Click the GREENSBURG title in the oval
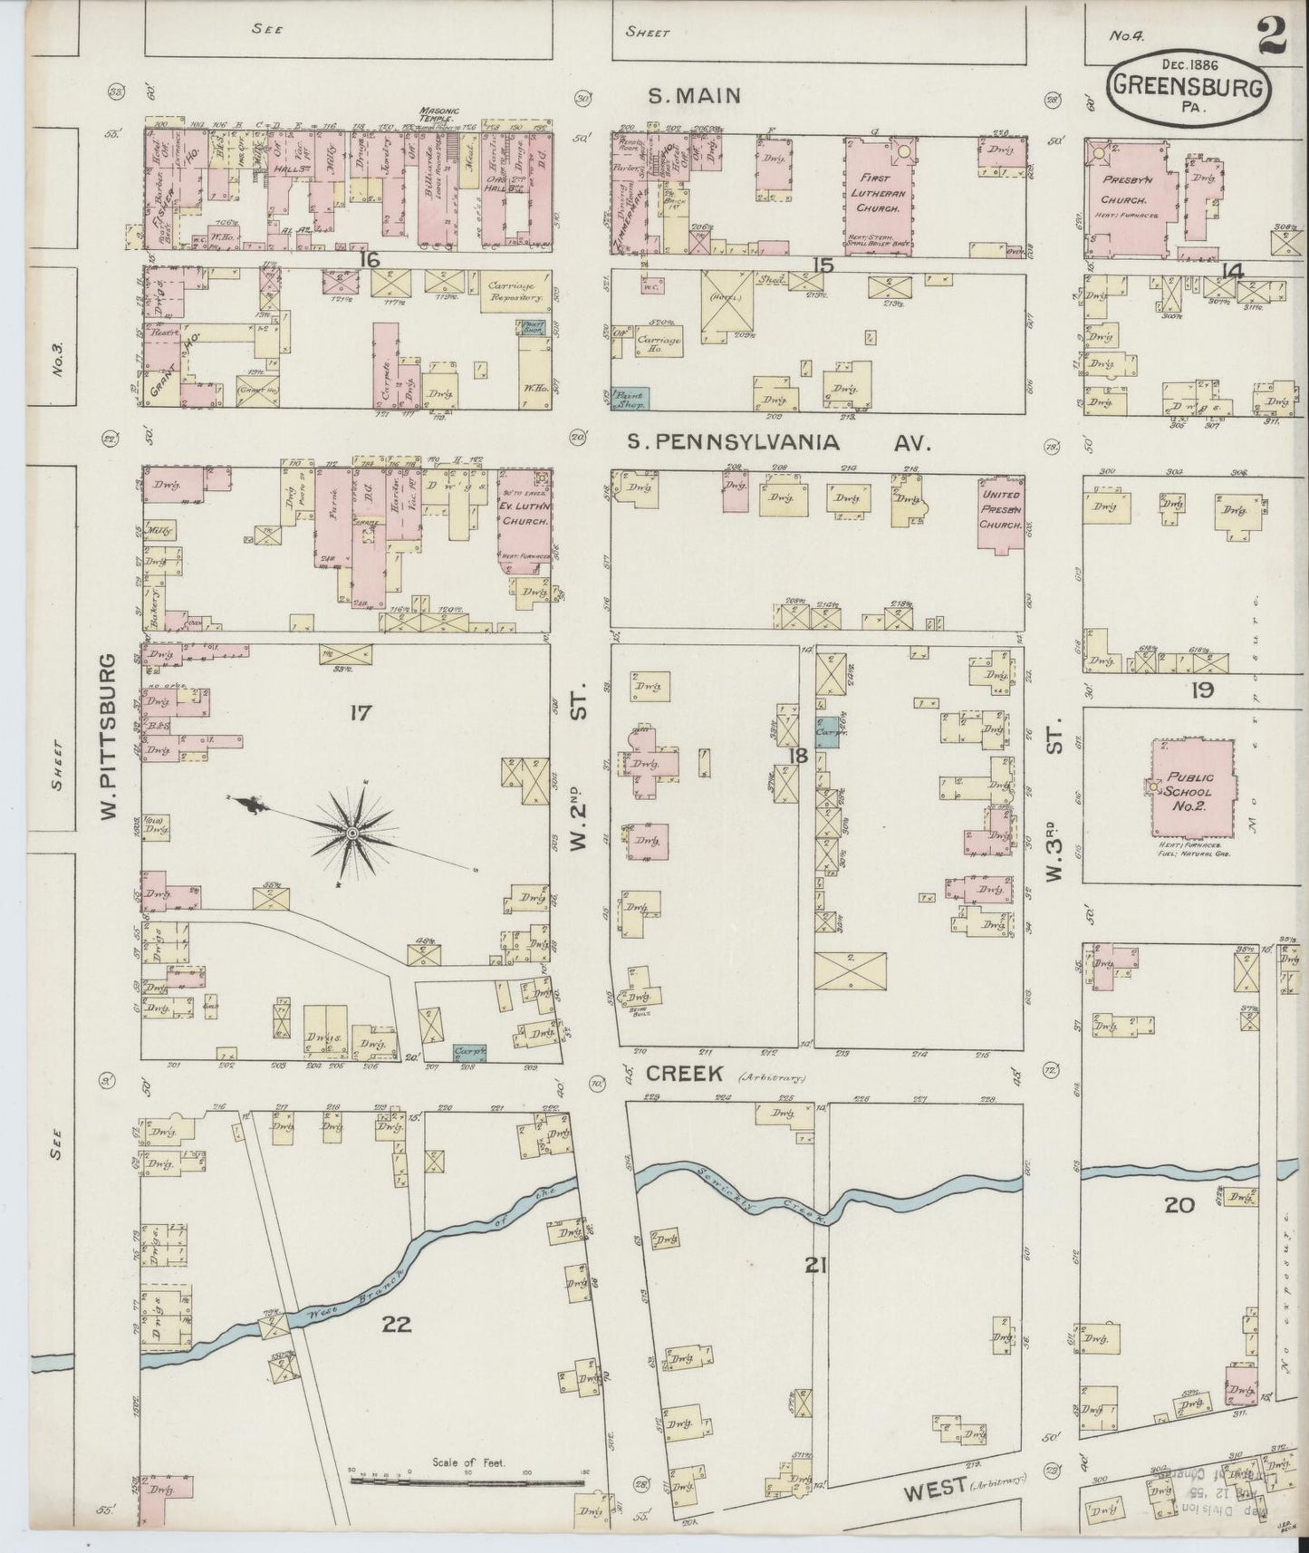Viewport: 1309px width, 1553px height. pos(1189,90)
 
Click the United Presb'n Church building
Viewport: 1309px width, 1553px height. pos(1000,513)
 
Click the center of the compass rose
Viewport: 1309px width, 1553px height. pos(351,831)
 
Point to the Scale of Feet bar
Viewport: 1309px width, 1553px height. pos(467,1480)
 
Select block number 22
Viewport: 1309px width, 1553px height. pos(397,1324)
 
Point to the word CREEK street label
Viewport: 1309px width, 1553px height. pos(684,1074)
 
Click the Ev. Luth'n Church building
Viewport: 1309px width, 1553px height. pos(523,521)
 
